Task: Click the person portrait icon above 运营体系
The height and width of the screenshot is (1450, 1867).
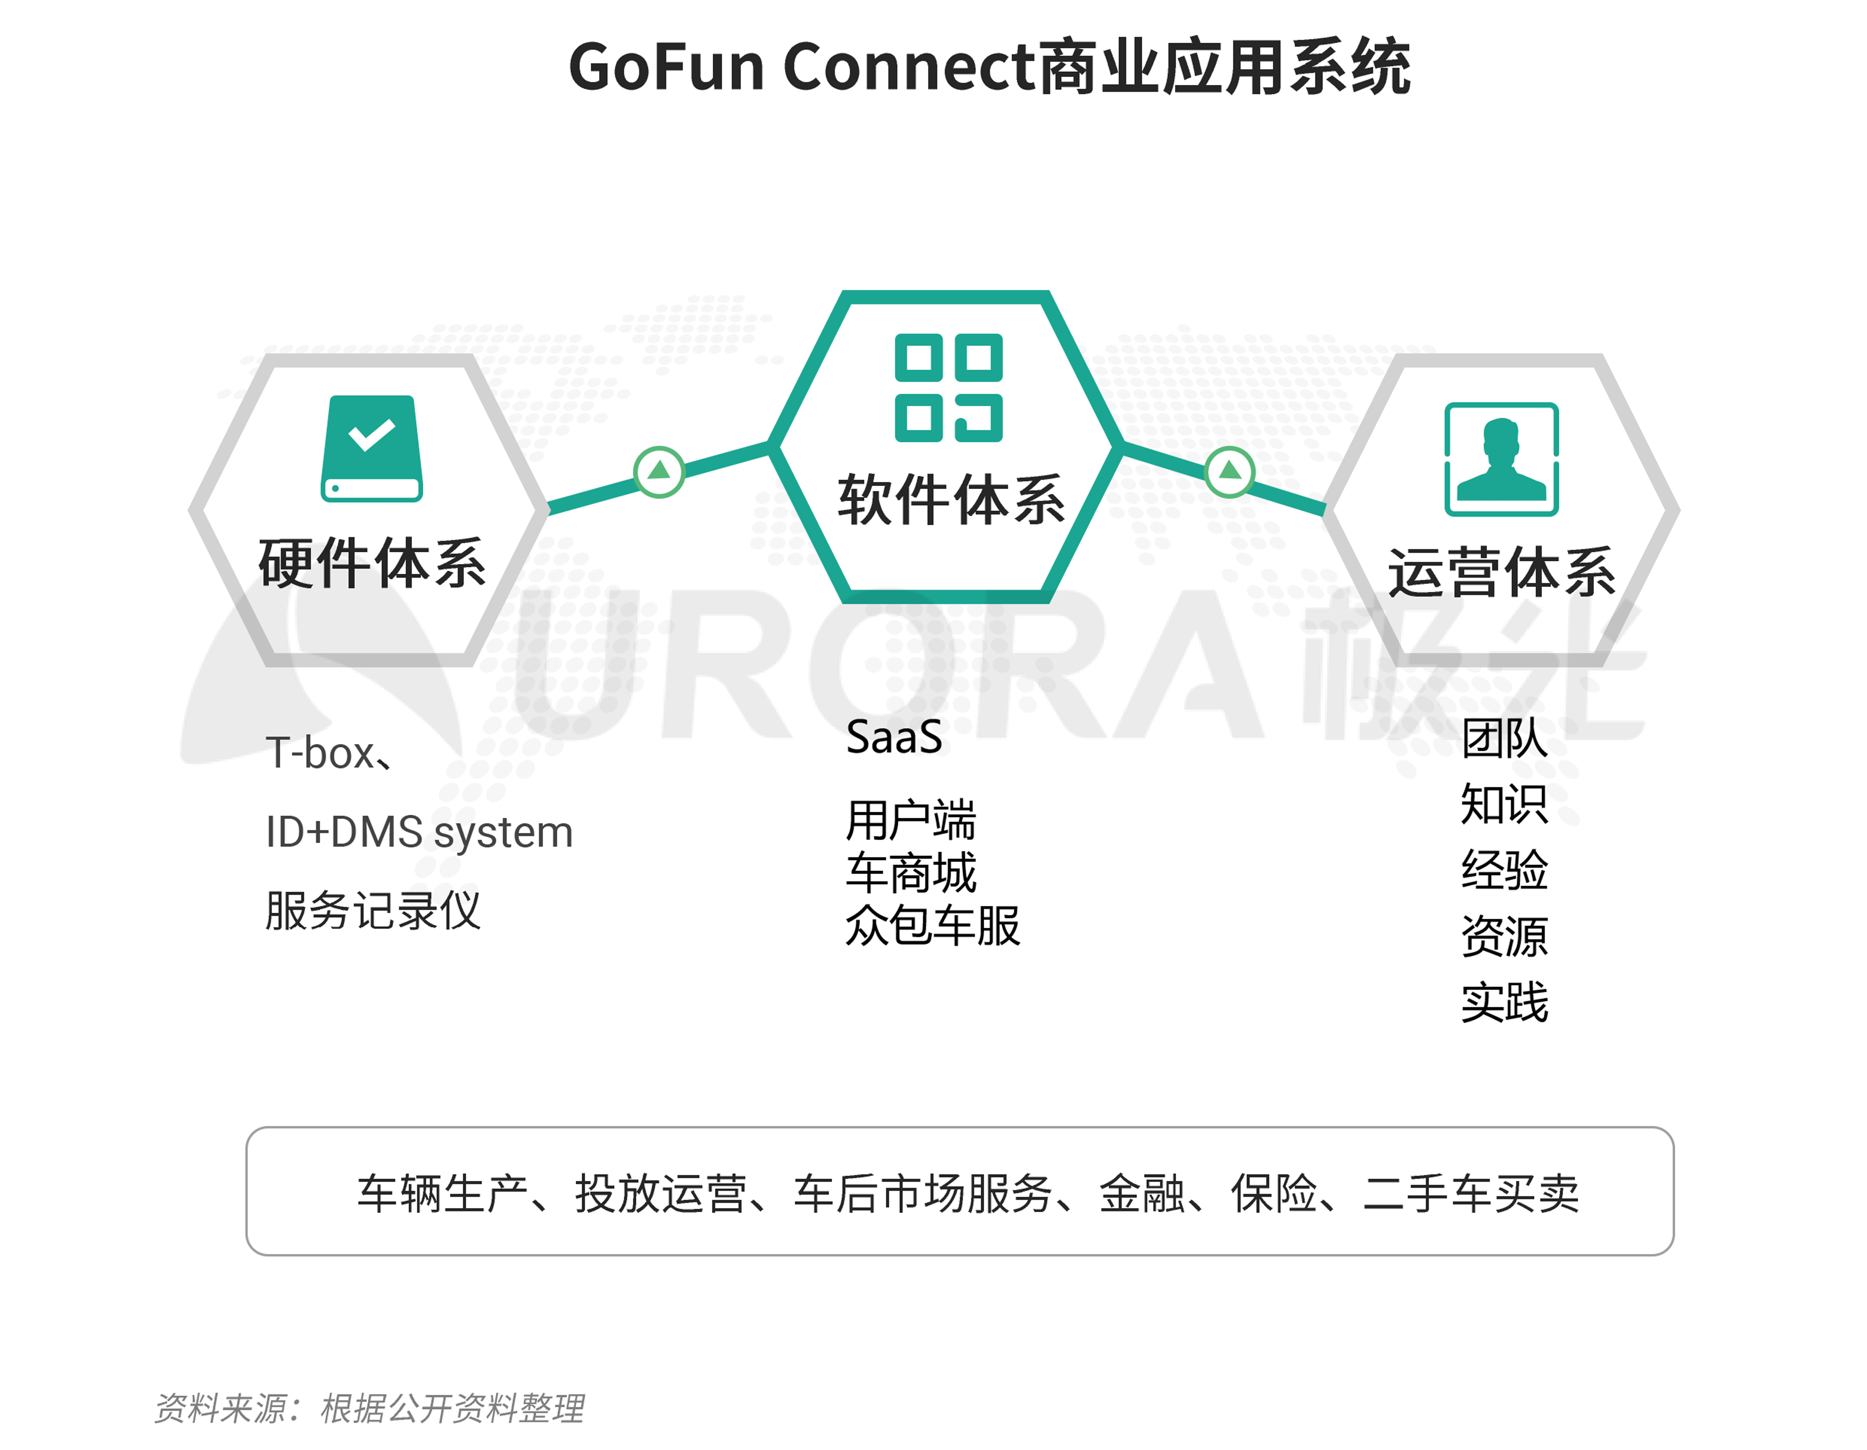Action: click(x=1501, y=459)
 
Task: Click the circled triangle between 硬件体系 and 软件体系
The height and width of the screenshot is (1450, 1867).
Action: click(x=659, y=471)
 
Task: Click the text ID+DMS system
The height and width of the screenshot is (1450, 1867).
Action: click(x=419, y=832)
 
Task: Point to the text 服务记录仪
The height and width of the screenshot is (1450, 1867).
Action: click(x=373, y=911)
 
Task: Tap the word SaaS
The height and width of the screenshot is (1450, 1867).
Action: click(x=894, y=737)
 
